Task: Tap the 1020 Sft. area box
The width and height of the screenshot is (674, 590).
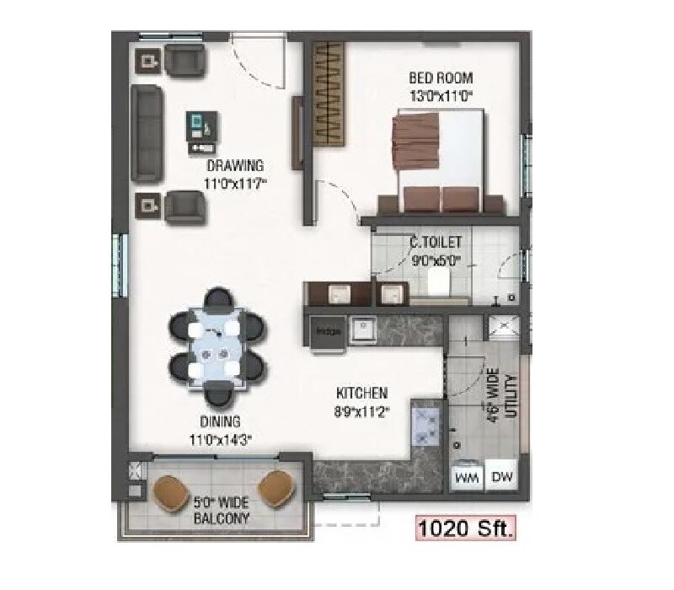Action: (x=465, y=529)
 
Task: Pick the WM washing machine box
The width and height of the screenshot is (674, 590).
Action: (x=467, y=477)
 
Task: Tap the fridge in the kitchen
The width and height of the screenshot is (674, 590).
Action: (x=326, y=330)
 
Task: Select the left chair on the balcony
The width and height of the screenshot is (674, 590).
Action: (x=172, y=489)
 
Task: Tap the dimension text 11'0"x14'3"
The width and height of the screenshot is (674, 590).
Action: (x=221, y=438)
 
